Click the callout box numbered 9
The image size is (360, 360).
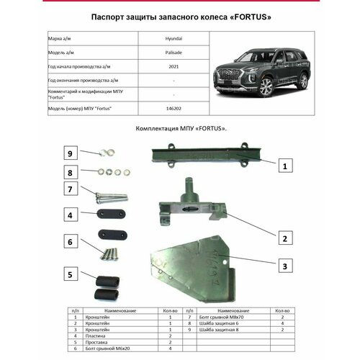[x=71, y=153]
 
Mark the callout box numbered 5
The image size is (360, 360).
[x=71, y=274]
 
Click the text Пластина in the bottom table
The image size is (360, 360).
[x=98, y=336]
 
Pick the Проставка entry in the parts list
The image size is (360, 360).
[x=99, y=342]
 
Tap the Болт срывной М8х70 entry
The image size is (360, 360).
[x=225, y=317]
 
